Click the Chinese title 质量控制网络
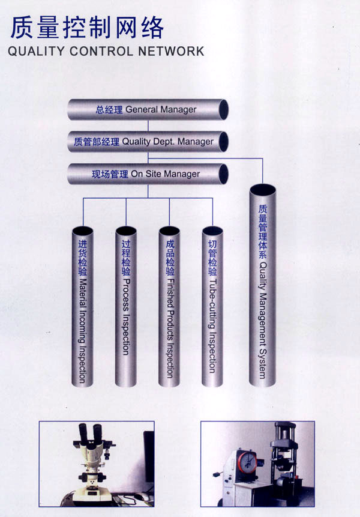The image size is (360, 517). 87,28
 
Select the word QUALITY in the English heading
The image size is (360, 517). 36,52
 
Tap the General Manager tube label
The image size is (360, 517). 146,109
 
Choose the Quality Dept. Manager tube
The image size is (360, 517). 148,142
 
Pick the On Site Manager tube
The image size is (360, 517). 148,174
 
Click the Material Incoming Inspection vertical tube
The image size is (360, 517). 82,306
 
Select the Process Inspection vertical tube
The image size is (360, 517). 126,306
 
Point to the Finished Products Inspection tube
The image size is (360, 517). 169,306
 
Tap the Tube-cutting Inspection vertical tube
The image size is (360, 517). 212,306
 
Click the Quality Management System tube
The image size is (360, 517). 263,286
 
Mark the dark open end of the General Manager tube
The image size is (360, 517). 224,109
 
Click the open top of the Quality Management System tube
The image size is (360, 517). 263,190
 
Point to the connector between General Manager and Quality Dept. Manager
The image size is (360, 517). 148,125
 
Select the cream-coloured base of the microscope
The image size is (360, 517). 86,495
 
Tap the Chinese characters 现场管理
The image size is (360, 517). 110,174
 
